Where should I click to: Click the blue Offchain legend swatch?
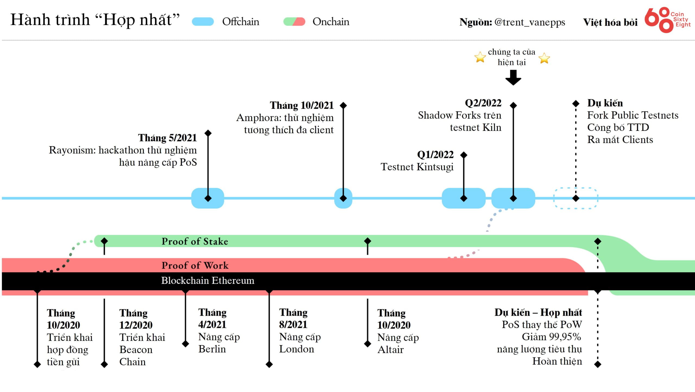click(x=203, y=22)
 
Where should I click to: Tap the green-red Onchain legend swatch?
click(x=294, y=22)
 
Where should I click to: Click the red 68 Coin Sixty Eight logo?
click(x=667, y=20)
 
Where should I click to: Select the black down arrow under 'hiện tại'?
click(x=513, y=78)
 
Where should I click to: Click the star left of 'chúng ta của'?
click(x=480, y=57)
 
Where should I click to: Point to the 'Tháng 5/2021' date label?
click(x=168, y=138)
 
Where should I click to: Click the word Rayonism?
click(x=72, y=150)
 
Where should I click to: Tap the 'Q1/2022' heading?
click(x=435, y=155)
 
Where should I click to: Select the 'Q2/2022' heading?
click(x=483, y=103)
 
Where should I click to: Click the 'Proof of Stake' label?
click(x=195, y=241)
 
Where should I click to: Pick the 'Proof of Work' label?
click(x=195, y=265)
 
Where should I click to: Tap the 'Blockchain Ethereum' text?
click(x=208, y=280)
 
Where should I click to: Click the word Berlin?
click(x=212, y=349)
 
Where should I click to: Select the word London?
click(x=296, y=349)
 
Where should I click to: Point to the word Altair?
click(x=390, y=349)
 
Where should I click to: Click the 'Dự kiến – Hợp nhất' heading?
click(x=538, y=313)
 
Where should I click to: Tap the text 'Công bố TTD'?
click(x=618, y=127)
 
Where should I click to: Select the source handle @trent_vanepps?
click(x=530, y=22)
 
